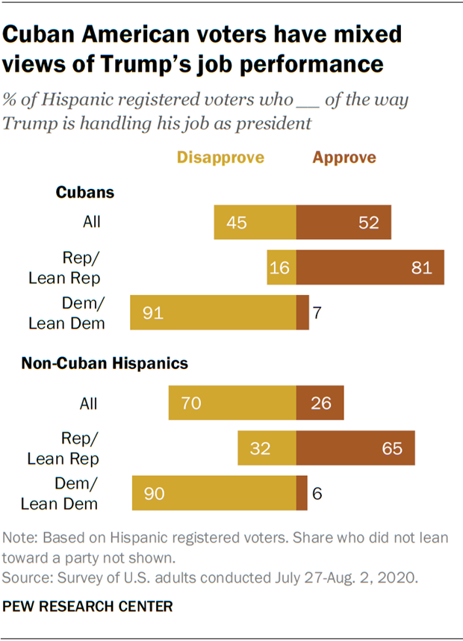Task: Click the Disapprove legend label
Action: pyautogui.click(x=220, y=158)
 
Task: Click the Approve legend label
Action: pyautogui.click(x=344, y=158)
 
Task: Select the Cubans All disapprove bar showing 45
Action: pyautogui.click(x=255, y=222)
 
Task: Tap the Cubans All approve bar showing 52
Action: pyautogui.click(x=344, y=222)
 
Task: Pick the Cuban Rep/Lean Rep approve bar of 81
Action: pyautogui.click(x=370, y=267)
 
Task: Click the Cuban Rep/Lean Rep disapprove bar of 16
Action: pyautogui.click(x=282, y=267)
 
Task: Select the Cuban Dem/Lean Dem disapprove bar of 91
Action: pyautogui.click(x=213, y=312)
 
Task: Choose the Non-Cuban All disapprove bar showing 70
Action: pyautogui.click(x=232, y=403)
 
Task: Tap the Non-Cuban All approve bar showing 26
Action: pyautogui.click(x=320, y=403)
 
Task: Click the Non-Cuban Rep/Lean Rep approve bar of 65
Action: pyautogui.click(x=355, y=448)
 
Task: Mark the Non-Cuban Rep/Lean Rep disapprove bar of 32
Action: pyautogui.click(x=267, y=448)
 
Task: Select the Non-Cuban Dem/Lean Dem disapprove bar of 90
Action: pyautogui.click(x=214, y=493)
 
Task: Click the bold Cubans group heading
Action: pyautogui.click(x=85, y=192)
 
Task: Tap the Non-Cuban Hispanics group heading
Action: pyautogui.click(x=104, y=364)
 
